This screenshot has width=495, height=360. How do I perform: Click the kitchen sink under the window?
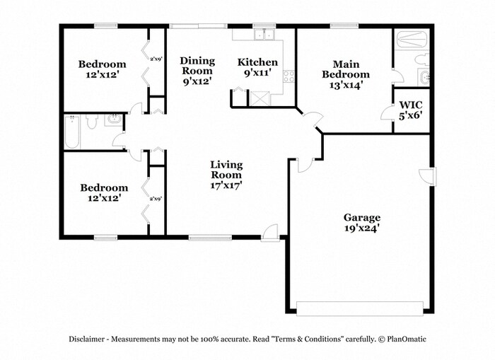(265, 35)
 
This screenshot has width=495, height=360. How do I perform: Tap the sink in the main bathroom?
(423, 77)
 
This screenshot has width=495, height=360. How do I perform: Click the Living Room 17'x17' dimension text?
(226, 185)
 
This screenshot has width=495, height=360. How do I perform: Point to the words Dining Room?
(197, 66)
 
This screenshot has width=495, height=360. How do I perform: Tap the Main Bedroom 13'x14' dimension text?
(346, 85)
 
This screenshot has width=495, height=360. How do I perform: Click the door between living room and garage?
(304, 164)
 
